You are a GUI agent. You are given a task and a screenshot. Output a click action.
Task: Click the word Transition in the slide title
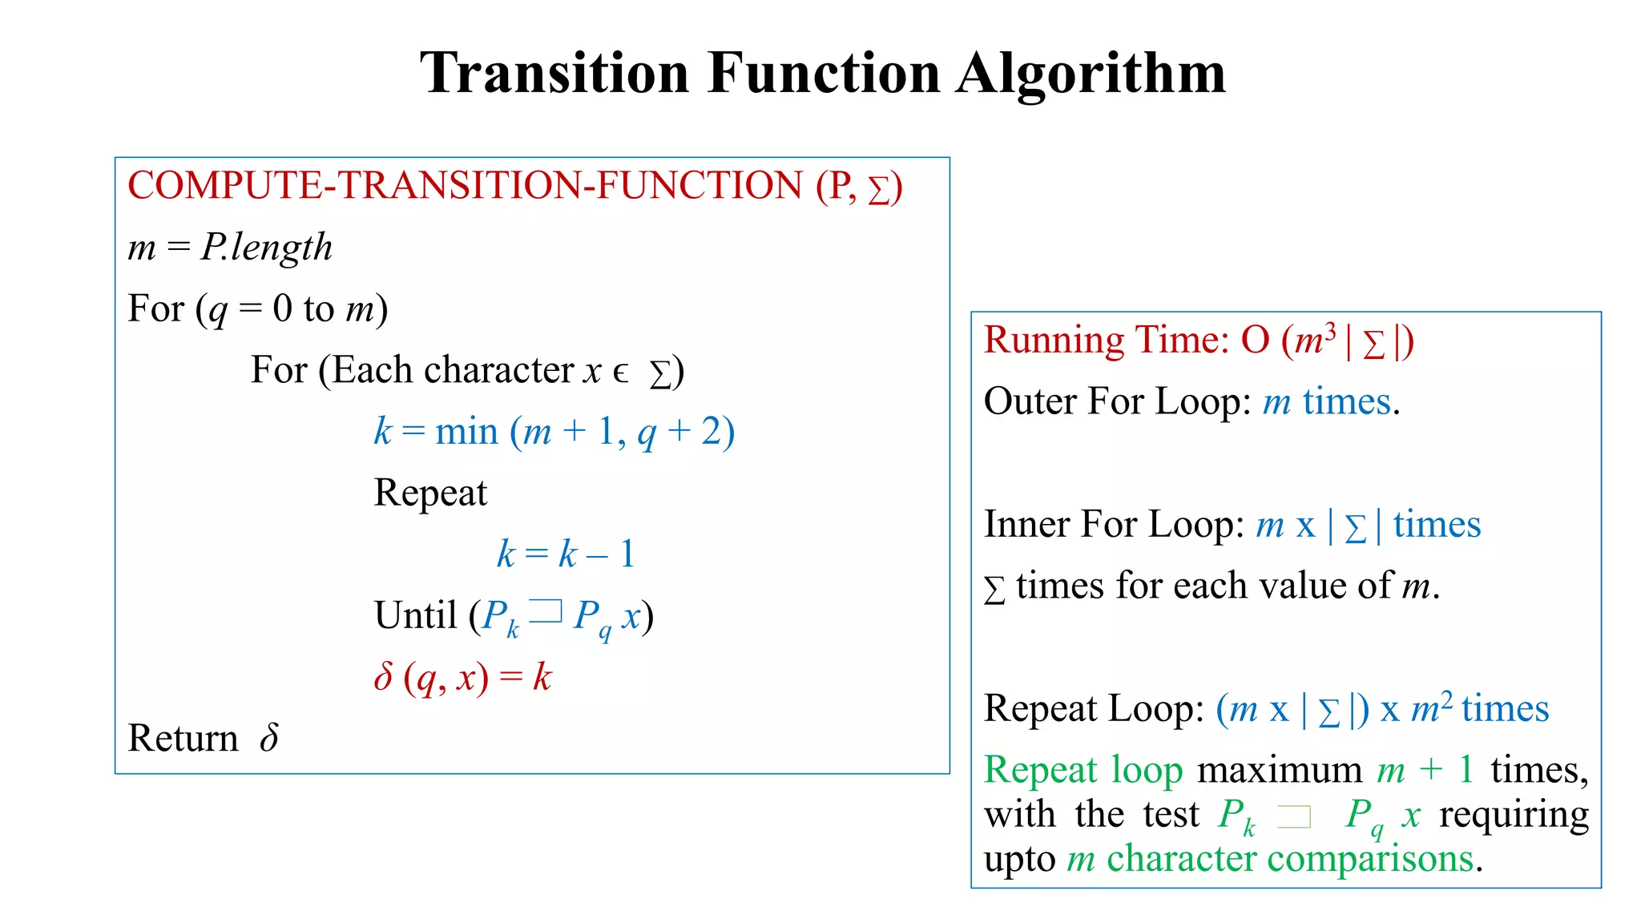click(554, 74)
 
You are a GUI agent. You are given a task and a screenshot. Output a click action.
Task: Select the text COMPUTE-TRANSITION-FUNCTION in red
click(464, 186)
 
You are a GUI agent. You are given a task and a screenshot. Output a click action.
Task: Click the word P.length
click(266, 247)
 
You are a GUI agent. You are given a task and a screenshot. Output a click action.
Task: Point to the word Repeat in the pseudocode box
click(430, 493)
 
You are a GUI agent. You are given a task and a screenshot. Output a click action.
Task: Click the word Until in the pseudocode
click(415, 615)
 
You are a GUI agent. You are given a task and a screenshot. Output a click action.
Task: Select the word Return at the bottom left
click(183, 738)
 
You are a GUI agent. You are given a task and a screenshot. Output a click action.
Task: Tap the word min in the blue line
click(466, 432)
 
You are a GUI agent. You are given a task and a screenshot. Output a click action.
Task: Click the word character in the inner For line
click(498, 370)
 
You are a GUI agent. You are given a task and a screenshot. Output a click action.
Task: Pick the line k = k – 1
click(566, 554)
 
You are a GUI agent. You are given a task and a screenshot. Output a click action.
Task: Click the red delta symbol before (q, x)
click(383, 677)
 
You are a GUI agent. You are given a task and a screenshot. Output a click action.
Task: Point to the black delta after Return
click(269, 737)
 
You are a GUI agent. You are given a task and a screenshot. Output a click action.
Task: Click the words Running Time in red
click(1106, 341)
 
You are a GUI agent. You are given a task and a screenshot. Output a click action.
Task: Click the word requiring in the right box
click(1514, 815)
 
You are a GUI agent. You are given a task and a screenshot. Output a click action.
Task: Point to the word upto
click(1020, 860)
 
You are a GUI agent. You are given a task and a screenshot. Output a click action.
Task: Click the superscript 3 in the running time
click(1330, 329)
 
